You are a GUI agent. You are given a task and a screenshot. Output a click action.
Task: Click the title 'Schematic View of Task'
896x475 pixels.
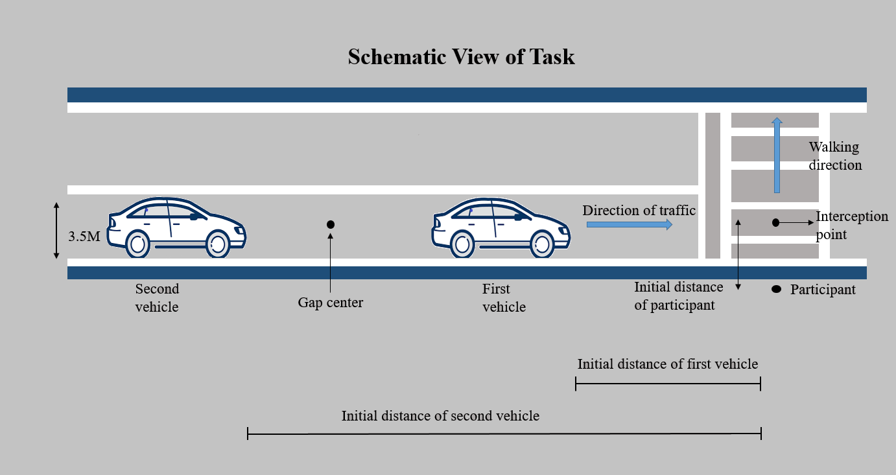pyautogui.click(x=461, y=57)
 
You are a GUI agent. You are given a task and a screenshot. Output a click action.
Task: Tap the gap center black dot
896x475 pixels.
pyautogui.click(x=331, y=224)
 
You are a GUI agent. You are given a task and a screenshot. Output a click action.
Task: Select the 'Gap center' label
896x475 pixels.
pyautogui.click(x=331, y=302)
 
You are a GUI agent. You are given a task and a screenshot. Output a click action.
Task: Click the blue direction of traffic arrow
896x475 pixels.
pyautogui.click(x=630, y=224)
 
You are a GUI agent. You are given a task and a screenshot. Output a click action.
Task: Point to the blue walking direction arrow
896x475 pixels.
pyautogui.click(x=777, y=156)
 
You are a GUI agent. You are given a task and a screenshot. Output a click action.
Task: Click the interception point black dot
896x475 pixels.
pyautogui.click(x=775, y=223)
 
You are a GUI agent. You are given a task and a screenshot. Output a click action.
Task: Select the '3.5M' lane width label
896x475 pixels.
pyautogui.click(x=84, y=237)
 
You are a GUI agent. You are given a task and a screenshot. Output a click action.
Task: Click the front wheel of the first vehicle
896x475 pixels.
pyautogui.click(x=543, y=244)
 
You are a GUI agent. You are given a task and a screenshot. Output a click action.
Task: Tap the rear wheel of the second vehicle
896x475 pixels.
pyautogui.click(x=137, y=244)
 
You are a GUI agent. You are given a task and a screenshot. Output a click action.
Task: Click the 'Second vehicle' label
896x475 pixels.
pyautogui.click(x=157, y=297)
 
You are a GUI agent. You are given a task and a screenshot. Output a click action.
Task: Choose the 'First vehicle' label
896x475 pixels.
pyautogui.click(x=504, y=297)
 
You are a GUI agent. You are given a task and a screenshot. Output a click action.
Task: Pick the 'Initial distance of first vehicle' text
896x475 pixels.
pyautogui.click(x=668, y=364)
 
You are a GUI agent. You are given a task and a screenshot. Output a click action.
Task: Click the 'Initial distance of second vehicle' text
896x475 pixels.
pyautogui.click(x=440, y=415)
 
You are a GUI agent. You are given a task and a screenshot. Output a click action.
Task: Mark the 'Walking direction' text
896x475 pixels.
pyautogui.click(x=835, y=156)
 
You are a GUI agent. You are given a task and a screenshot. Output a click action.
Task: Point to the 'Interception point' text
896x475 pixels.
pyautogui.click(x=851, y=225)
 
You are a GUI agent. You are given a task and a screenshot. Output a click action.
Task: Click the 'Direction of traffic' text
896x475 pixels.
pyautogui.click(x=639, y=211)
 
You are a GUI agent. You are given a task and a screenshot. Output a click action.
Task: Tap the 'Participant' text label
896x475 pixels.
pyautogui.click(x=823, y=290)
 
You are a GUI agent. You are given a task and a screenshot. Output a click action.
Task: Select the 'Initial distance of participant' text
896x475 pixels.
pyautogui.click(x=678, y=295)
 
